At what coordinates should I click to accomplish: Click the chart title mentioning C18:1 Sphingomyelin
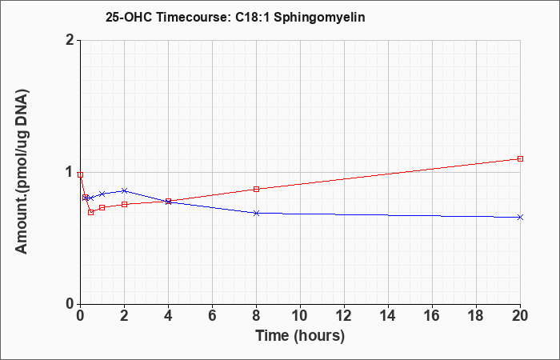[x=235, y=17]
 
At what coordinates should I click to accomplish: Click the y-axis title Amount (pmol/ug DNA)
[x=22, y=171]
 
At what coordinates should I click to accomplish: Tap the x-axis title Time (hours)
[x=300, y=336]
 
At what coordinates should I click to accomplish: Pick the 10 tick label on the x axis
[x=300, y=316]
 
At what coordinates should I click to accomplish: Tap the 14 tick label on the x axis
[x=388, y=316]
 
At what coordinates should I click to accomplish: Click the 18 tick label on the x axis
[x=476, y=316]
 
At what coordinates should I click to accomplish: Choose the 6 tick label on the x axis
[x=212, y=316]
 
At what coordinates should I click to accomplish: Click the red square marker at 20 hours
[x=520, y=158]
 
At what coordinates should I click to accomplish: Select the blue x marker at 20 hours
[x=520, y=217]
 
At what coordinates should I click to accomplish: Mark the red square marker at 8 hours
[x=257, y=189]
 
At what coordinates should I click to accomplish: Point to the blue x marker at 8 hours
[x=257, y=214]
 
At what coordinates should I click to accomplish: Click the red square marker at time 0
[x=80, y=174]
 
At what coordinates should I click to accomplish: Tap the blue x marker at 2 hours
[x=124, y=190]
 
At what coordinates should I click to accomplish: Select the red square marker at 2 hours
[x=124, y=204]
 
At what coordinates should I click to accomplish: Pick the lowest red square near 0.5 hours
[x=90, y=212]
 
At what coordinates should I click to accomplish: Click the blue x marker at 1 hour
[x=102, y=194]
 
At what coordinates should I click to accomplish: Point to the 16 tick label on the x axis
[x=432, y=316]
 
